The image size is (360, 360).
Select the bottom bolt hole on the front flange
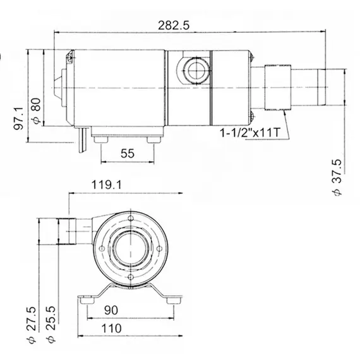tap(131, 275)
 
